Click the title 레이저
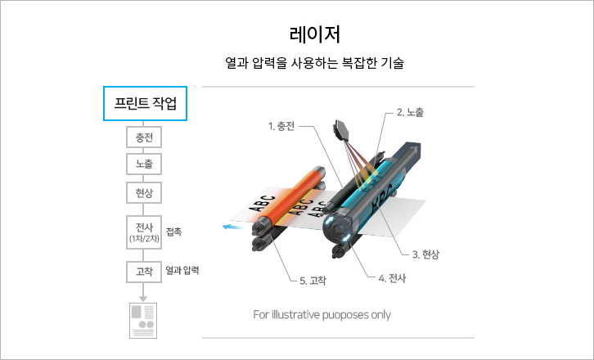point(315,34)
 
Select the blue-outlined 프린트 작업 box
point(145,103)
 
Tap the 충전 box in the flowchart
point(144,137)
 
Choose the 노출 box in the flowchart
point(144,164)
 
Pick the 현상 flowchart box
point(144,193)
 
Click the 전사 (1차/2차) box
point(144,232)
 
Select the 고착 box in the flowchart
point(144,272)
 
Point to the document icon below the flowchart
point(143,321)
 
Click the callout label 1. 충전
point(281,126)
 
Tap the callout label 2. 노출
point(410,112)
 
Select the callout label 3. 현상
point(425,254)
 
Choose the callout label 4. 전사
point(392,278)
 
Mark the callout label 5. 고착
point(313,281)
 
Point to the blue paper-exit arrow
point(232,227)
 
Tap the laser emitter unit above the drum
point(342,130)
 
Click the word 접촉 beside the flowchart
point(174,232)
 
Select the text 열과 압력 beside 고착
point(182,271)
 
